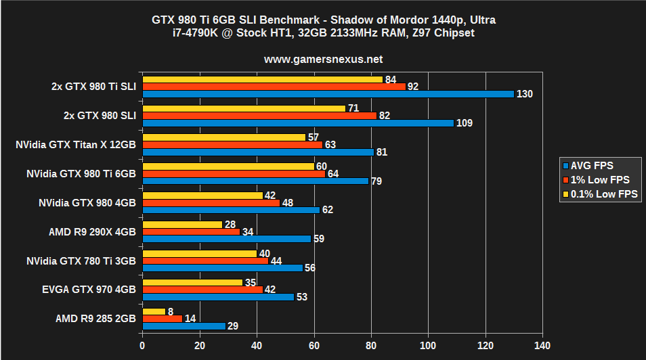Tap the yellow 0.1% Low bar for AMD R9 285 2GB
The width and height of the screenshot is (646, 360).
pyautogui.click(x=153, y=311)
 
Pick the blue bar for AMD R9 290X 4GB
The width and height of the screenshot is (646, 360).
pyautogui.click(x=226, y=239)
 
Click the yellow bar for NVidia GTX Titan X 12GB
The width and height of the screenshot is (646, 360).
pyautogui.click(x=223, y=137)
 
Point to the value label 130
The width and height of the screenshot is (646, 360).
pyautogui.click(x=524, y=94)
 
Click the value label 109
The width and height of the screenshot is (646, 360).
pyautogui.click(x=464, y=123)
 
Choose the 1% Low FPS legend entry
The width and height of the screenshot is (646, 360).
pyautogui.click(x=596, y=179)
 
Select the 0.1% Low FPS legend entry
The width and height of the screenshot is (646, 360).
pyautogui.click(x=599, y=194)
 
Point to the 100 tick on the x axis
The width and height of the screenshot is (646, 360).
pyautogui.click(x=428, y=346)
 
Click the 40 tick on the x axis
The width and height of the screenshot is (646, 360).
pyautogui.click(x=256, y=346)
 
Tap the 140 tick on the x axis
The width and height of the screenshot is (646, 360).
pyautogui.click(x=542, y=346)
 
